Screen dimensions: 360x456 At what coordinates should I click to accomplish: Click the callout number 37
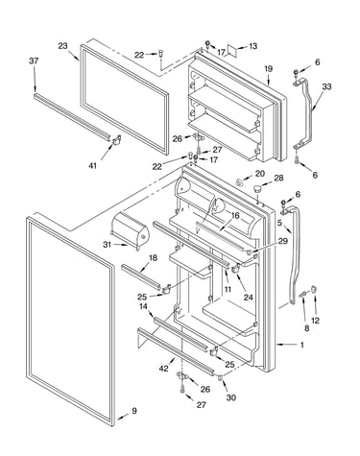[34, 60]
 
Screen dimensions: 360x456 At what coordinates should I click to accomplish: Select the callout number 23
[62, 46]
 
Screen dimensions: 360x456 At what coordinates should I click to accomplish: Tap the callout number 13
[252, 46]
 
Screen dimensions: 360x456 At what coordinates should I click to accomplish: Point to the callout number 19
[269, 68]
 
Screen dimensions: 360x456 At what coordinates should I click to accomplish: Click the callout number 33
[326, 86]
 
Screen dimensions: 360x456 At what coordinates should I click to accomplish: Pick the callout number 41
[92, 166]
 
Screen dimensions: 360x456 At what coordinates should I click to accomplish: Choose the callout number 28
[278, 178]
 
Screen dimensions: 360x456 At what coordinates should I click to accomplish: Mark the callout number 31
[107, 245]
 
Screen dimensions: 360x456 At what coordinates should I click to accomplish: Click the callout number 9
[134, 411]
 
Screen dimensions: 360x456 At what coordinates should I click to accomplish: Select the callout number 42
[163, 369]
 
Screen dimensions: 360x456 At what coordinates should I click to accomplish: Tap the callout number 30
[230, 397]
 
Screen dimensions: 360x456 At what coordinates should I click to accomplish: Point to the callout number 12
[316, 320]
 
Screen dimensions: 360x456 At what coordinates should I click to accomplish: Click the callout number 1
[301, 345]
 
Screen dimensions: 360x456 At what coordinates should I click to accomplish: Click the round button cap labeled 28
[257, 189]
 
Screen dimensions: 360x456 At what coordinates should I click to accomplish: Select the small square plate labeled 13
[231, 50]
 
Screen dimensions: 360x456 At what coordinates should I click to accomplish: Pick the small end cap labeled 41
[116, 140]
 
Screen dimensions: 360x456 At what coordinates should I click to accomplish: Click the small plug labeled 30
[220, 378]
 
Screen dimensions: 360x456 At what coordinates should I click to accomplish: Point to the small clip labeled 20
[239, 182]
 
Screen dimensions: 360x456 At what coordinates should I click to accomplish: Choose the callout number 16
[235, 216]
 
